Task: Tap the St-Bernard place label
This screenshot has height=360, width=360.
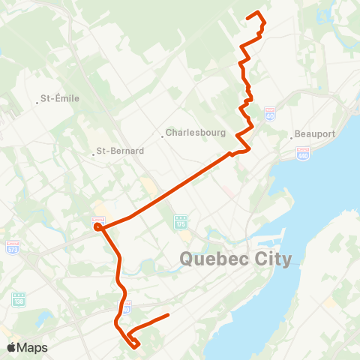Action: [121, 150]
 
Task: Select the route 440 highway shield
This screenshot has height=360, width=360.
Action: [303, 152]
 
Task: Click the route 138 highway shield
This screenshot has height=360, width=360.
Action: [19, 298]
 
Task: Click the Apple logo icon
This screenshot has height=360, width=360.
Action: [13, 347]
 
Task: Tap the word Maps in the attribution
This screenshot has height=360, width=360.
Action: [33, 347]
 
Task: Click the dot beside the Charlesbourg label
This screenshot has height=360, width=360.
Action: [162, 136]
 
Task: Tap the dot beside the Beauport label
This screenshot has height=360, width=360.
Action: [292, 137]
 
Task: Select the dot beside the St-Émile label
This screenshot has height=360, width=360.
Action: [37, 98]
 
